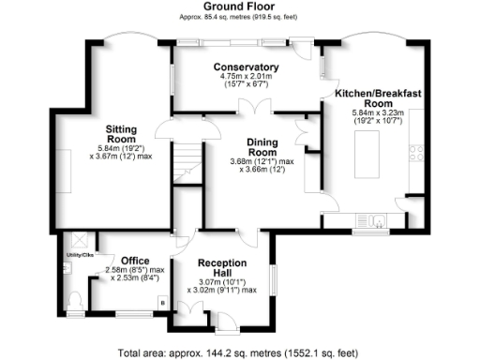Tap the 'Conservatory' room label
click(246, 67)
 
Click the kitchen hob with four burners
click(415, 155)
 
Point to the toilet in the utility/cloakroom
click(75, 299)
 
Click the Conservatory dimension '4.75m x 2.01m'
click(246, 76)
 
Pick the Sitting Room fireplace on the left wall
click(61, 168)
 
